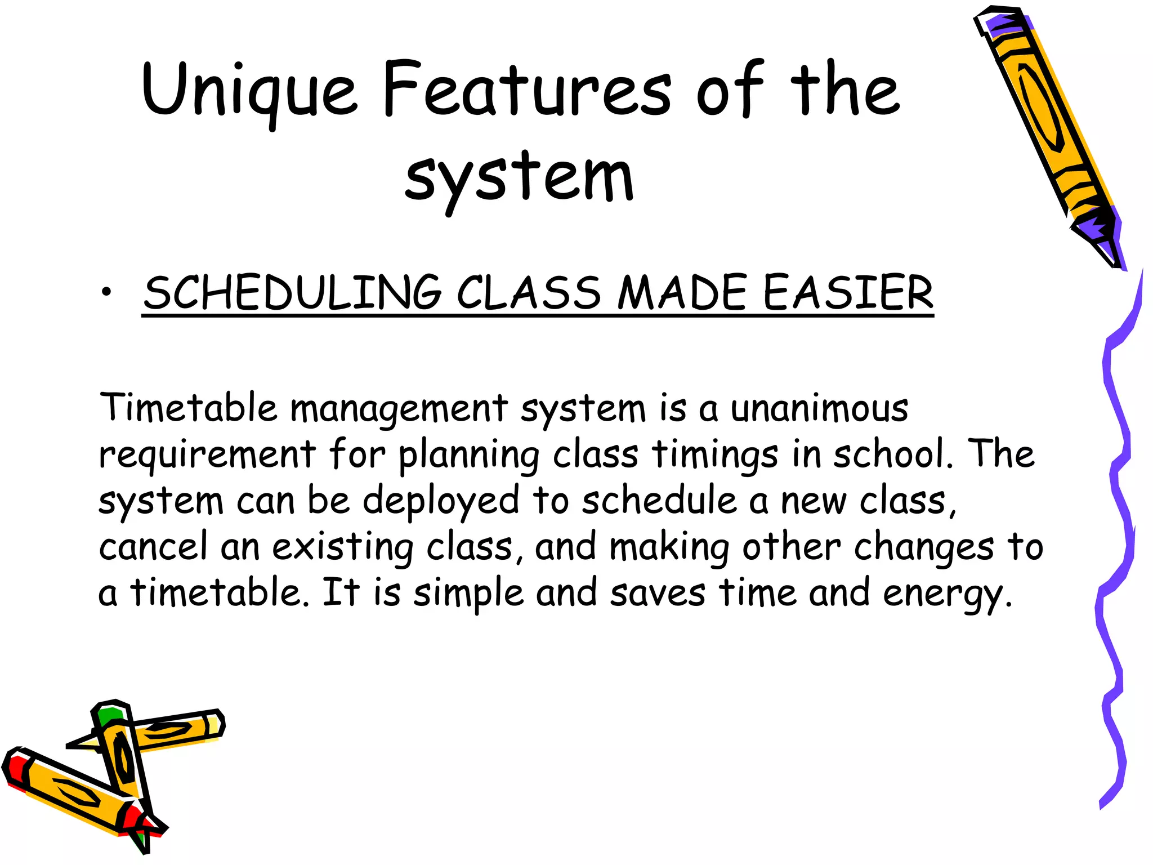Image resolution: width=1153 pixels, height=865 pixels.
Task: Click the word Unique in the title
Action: [x=249, y=90]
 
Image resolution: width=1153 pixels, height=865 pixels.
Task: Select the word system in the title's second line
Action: [x=519, y=177]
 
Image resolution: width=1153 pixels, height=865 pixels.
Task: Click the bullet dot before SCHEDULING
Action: [x=106, y=292]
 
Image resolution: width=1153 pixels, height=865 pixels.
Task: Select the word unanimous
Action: [x=819, y=408]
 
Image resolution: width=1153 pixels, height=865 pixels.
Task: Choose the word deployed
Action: [x=441, y=501]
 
